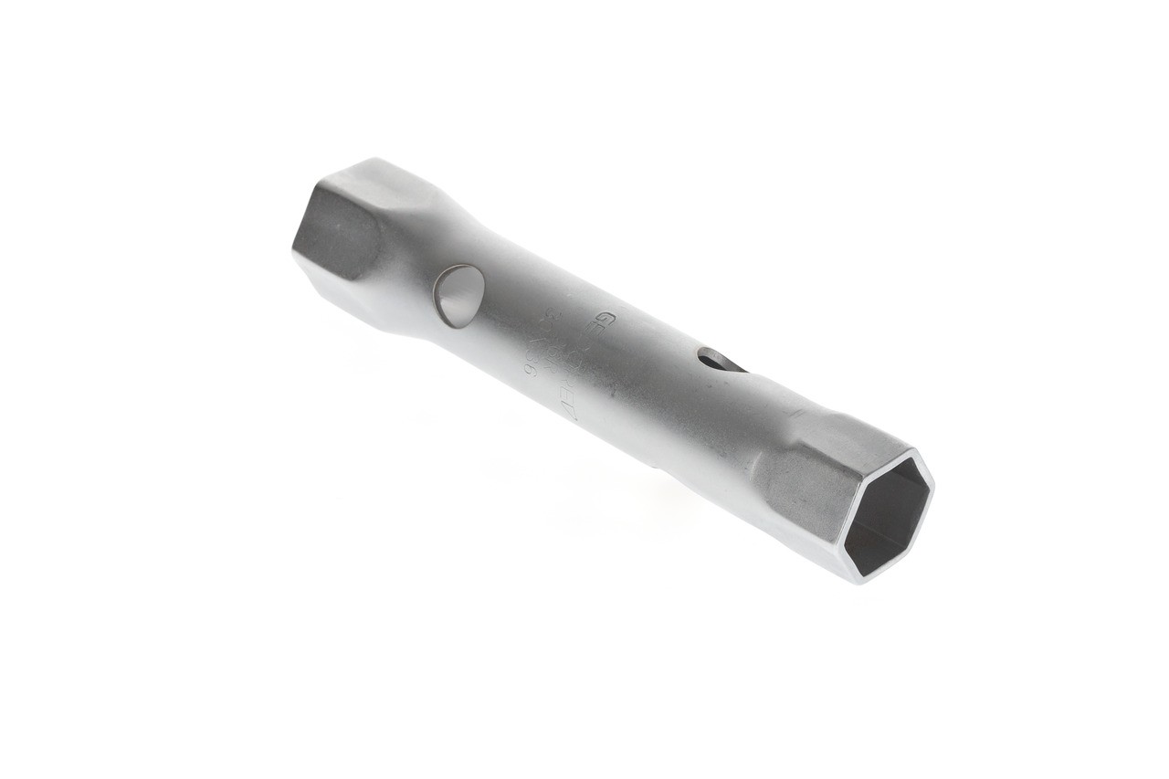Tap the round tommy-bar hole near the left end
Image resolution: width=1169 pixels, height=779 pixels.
click(458, 295)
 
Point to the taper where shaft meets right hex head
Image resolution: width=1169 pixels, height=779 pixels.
click(772, 429)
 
